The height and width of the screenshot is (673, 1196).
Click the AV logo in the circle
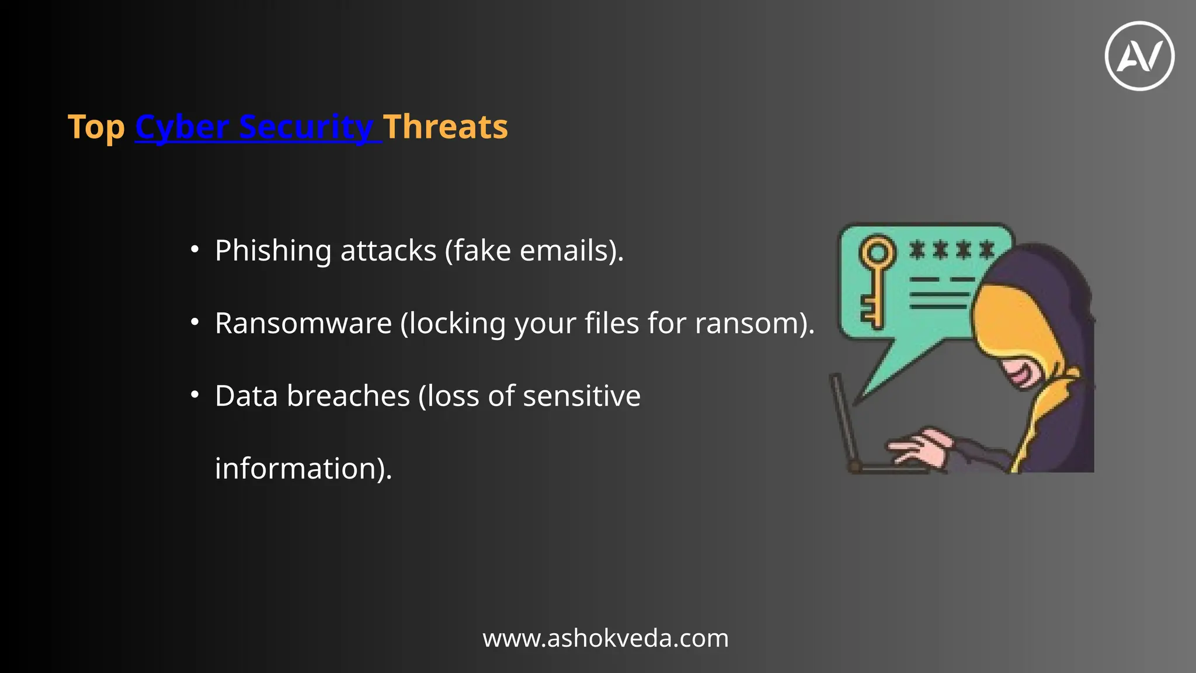point(1139,56)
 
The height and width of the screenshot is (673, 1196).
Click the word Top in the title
point(96,127)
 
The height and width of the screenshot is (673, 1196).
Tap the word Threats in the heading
point(446,127)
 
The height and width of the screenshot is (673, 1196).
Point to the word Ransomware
point(303,323)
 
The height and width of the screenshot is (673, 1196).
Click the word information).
point(303,469)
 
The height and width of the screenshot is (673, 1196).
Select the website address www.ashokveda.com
point(606,638)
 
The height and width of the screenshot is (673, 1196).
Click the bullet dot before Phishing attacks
point(195,249)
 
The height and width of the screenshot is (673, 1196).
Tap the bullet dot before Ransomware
point(195,322)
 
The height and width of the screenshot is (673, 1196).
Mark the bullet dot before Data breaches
point(195,395)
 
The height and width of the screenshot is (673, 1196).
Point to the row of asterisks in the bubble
point(952,250)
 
